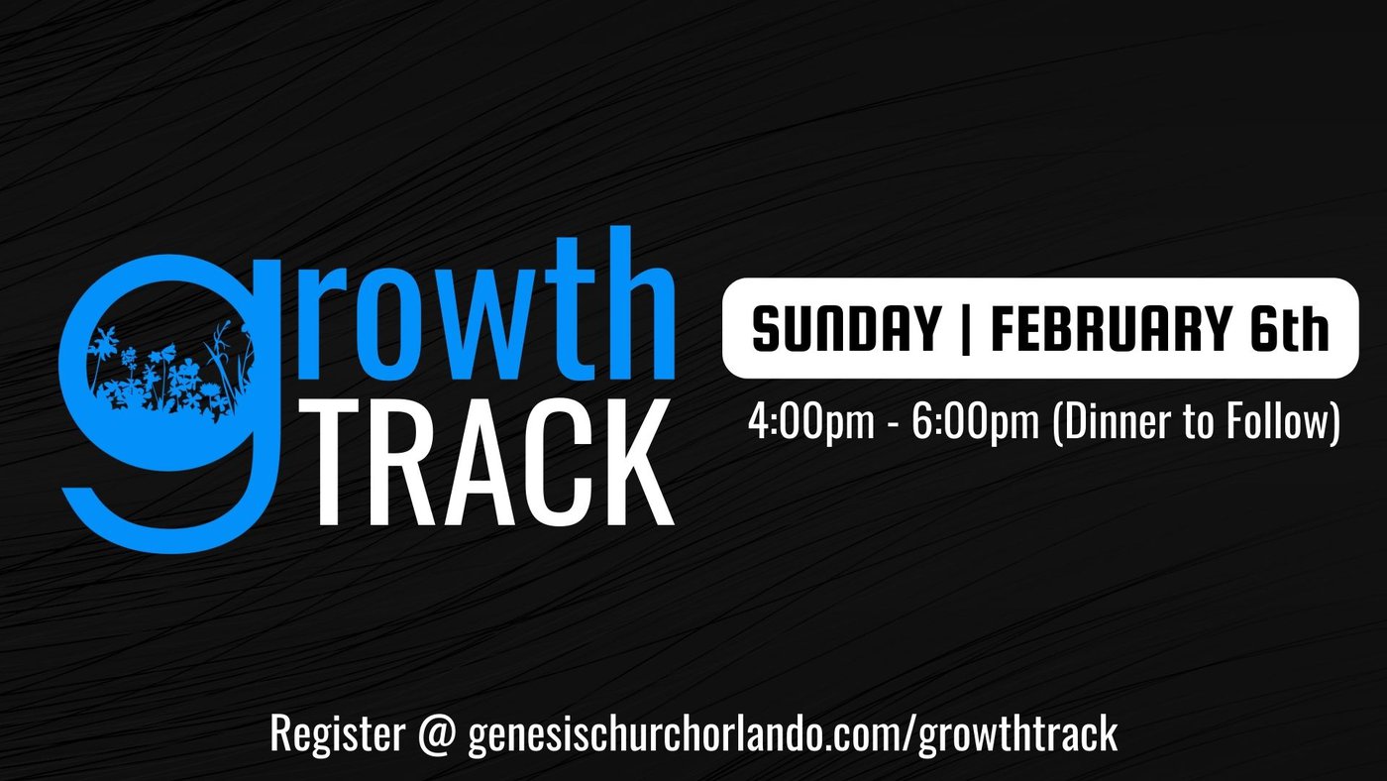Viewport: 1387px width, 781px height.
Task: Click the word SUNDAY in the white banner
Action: pyautogui.click(x=846, y=329)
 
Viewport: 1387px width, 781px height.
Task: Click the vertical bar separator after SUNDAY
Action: pyautogui.click(x=966, y=329)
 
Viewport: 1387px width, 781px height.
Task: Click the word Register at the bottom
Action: pyautogui.click(x=338, y=735)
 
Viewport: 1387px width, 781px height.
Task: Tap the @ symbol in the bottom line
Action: pyautogui.click(x=437, y=735)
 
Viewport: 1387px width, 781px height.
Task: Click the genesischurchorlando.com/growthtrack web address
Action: pyautogui.click(x=794, y=735)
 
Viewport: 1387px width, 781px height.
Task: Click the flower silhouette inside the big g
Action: pyautogui.click(x=169, y=372)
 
